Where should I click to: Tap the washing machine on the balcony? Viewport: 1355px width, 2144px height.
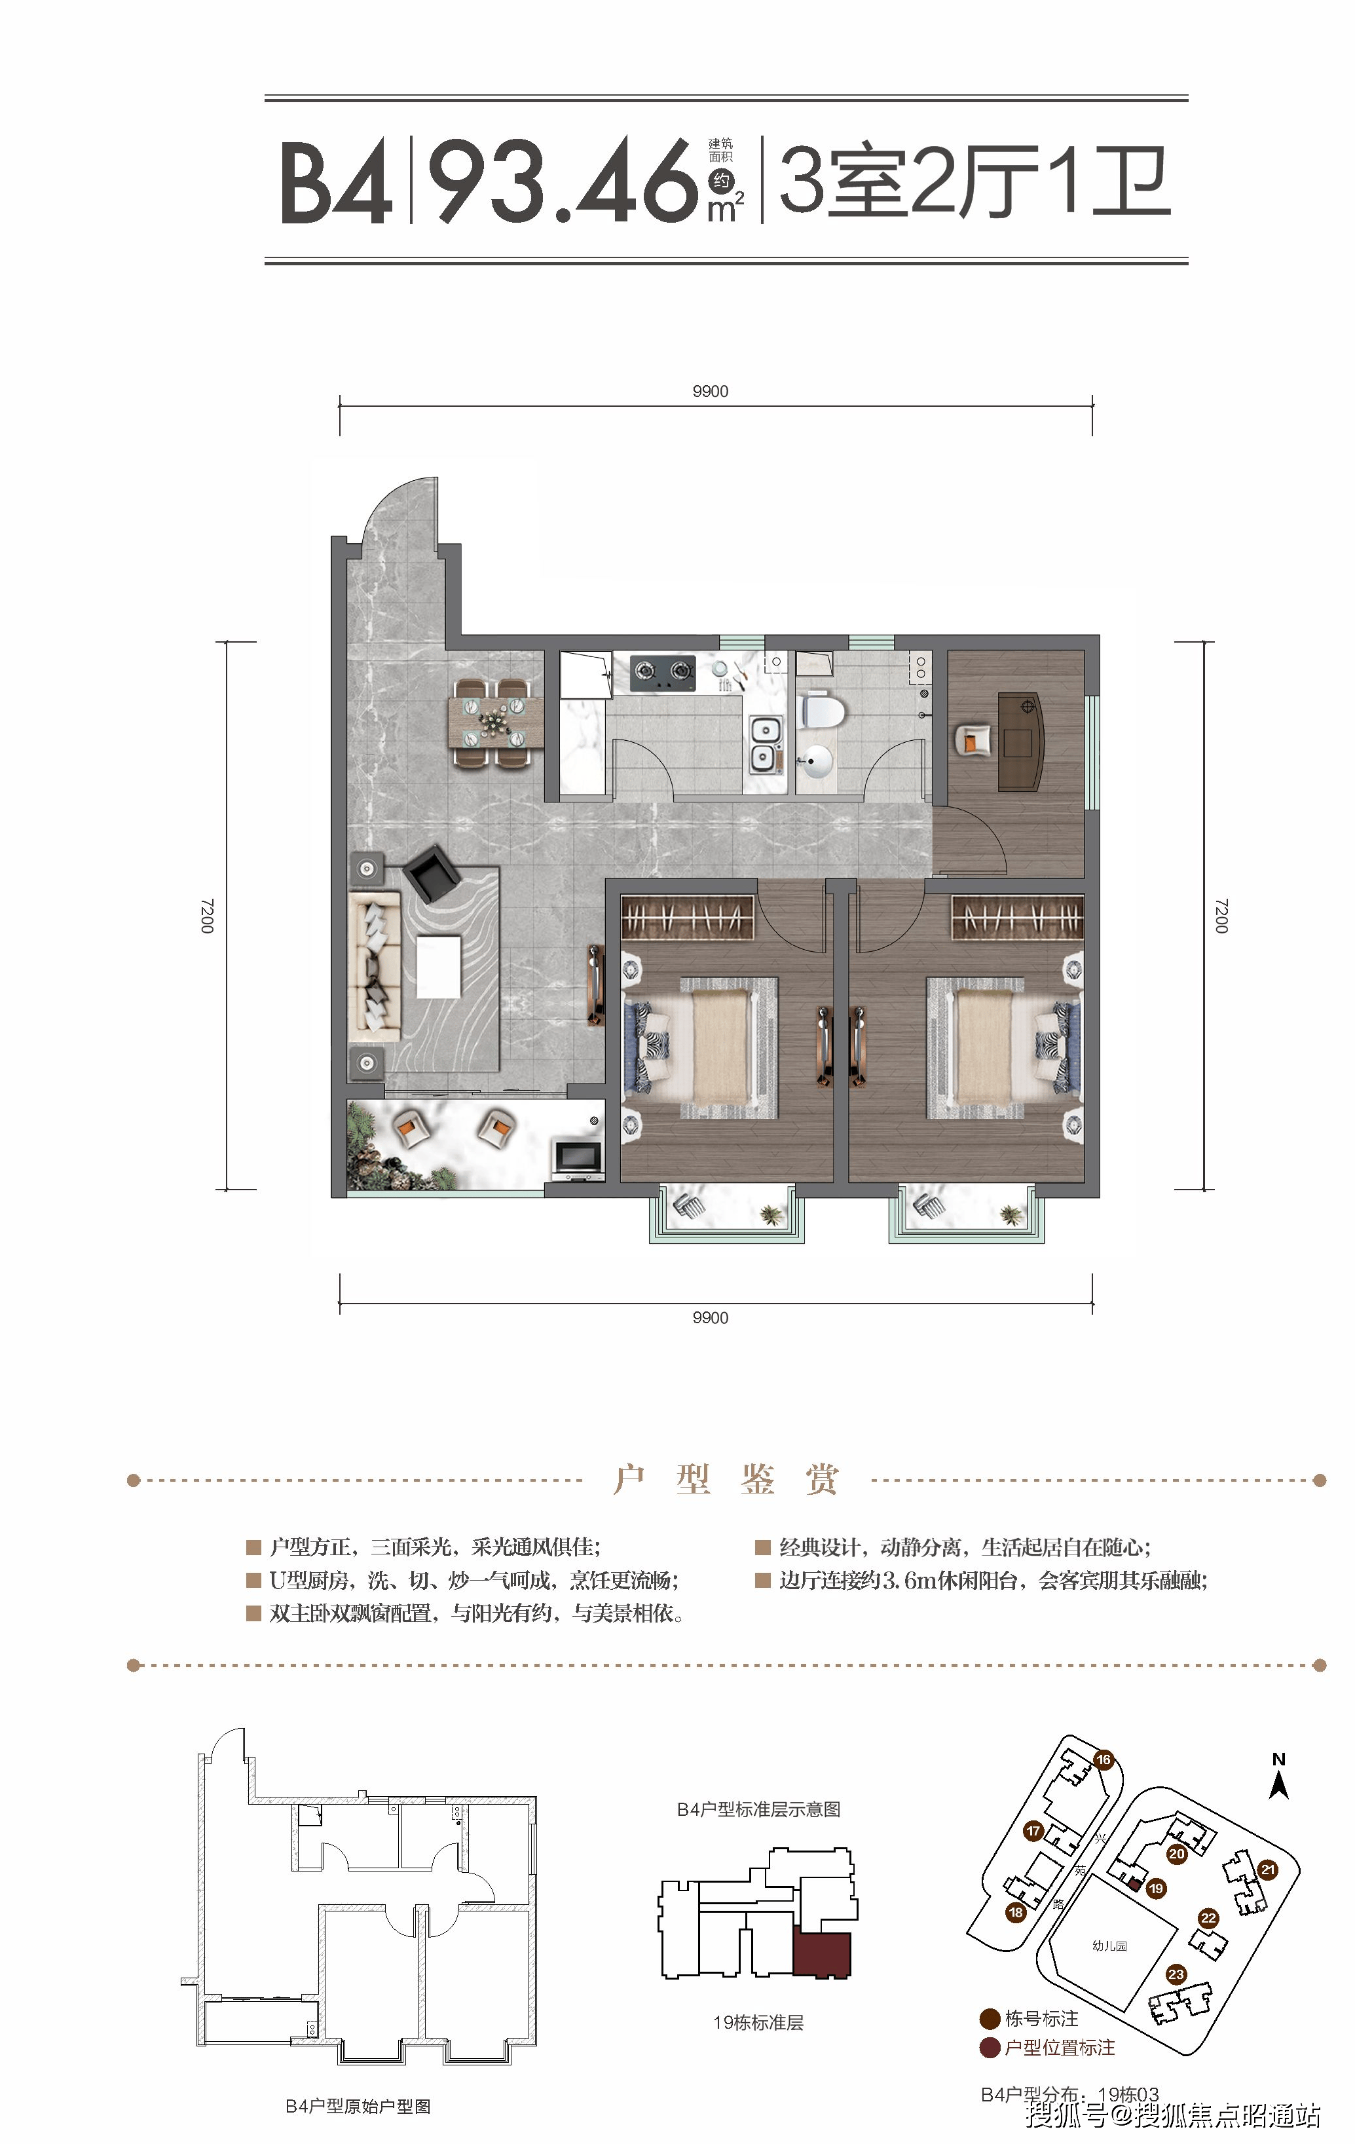coord(576,1157)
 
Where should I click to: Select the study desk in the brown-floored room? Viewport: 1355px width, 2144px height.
coord(1021,741)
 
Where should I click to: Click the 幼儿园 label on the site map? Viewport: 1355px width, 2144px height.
coord(1109,1946)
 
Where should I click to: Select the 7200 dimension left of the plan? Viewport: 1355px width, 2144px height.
coord(206,915)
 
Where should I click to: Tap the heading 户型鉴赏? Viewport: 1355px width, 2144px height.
coord(726,1480)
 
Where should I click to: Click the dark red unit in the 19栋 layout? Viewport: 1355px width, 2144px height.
coord(822,1953)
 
